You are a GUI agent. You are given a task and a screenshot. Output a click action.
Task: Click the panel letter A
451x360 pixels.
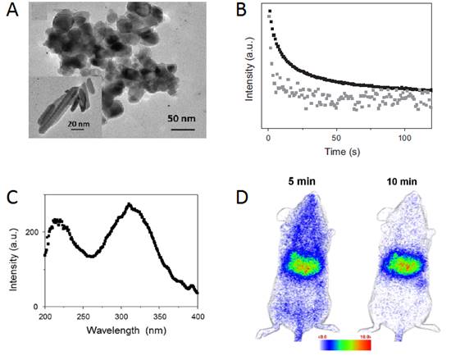(x=12, y=14)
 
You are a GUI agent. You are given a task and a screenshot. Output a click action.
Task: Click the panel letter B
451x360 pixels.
(x=242, y=12)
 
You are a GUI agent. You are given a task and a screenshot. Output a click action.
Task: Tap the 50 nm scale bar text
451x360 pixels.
(x=182, y=118)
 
